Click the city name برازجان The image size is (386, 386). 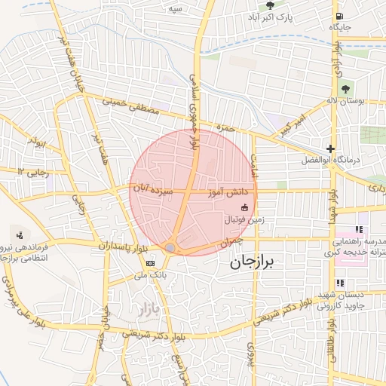(251, 263)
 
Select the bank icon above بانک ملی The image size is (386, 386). (151, 263)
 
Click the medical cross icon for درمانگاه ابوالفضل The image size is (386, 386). (330, 149)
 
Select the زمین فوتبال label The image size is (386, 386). (244, 219)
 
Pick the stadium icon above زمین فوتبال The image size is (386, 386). (244, 208)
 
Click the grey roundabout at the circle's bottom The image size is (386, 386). (170, 247)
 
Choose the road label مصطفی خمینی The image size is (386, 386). (128, 106)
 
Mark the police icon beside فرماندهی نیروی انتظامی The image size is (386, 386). (19, 234)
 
